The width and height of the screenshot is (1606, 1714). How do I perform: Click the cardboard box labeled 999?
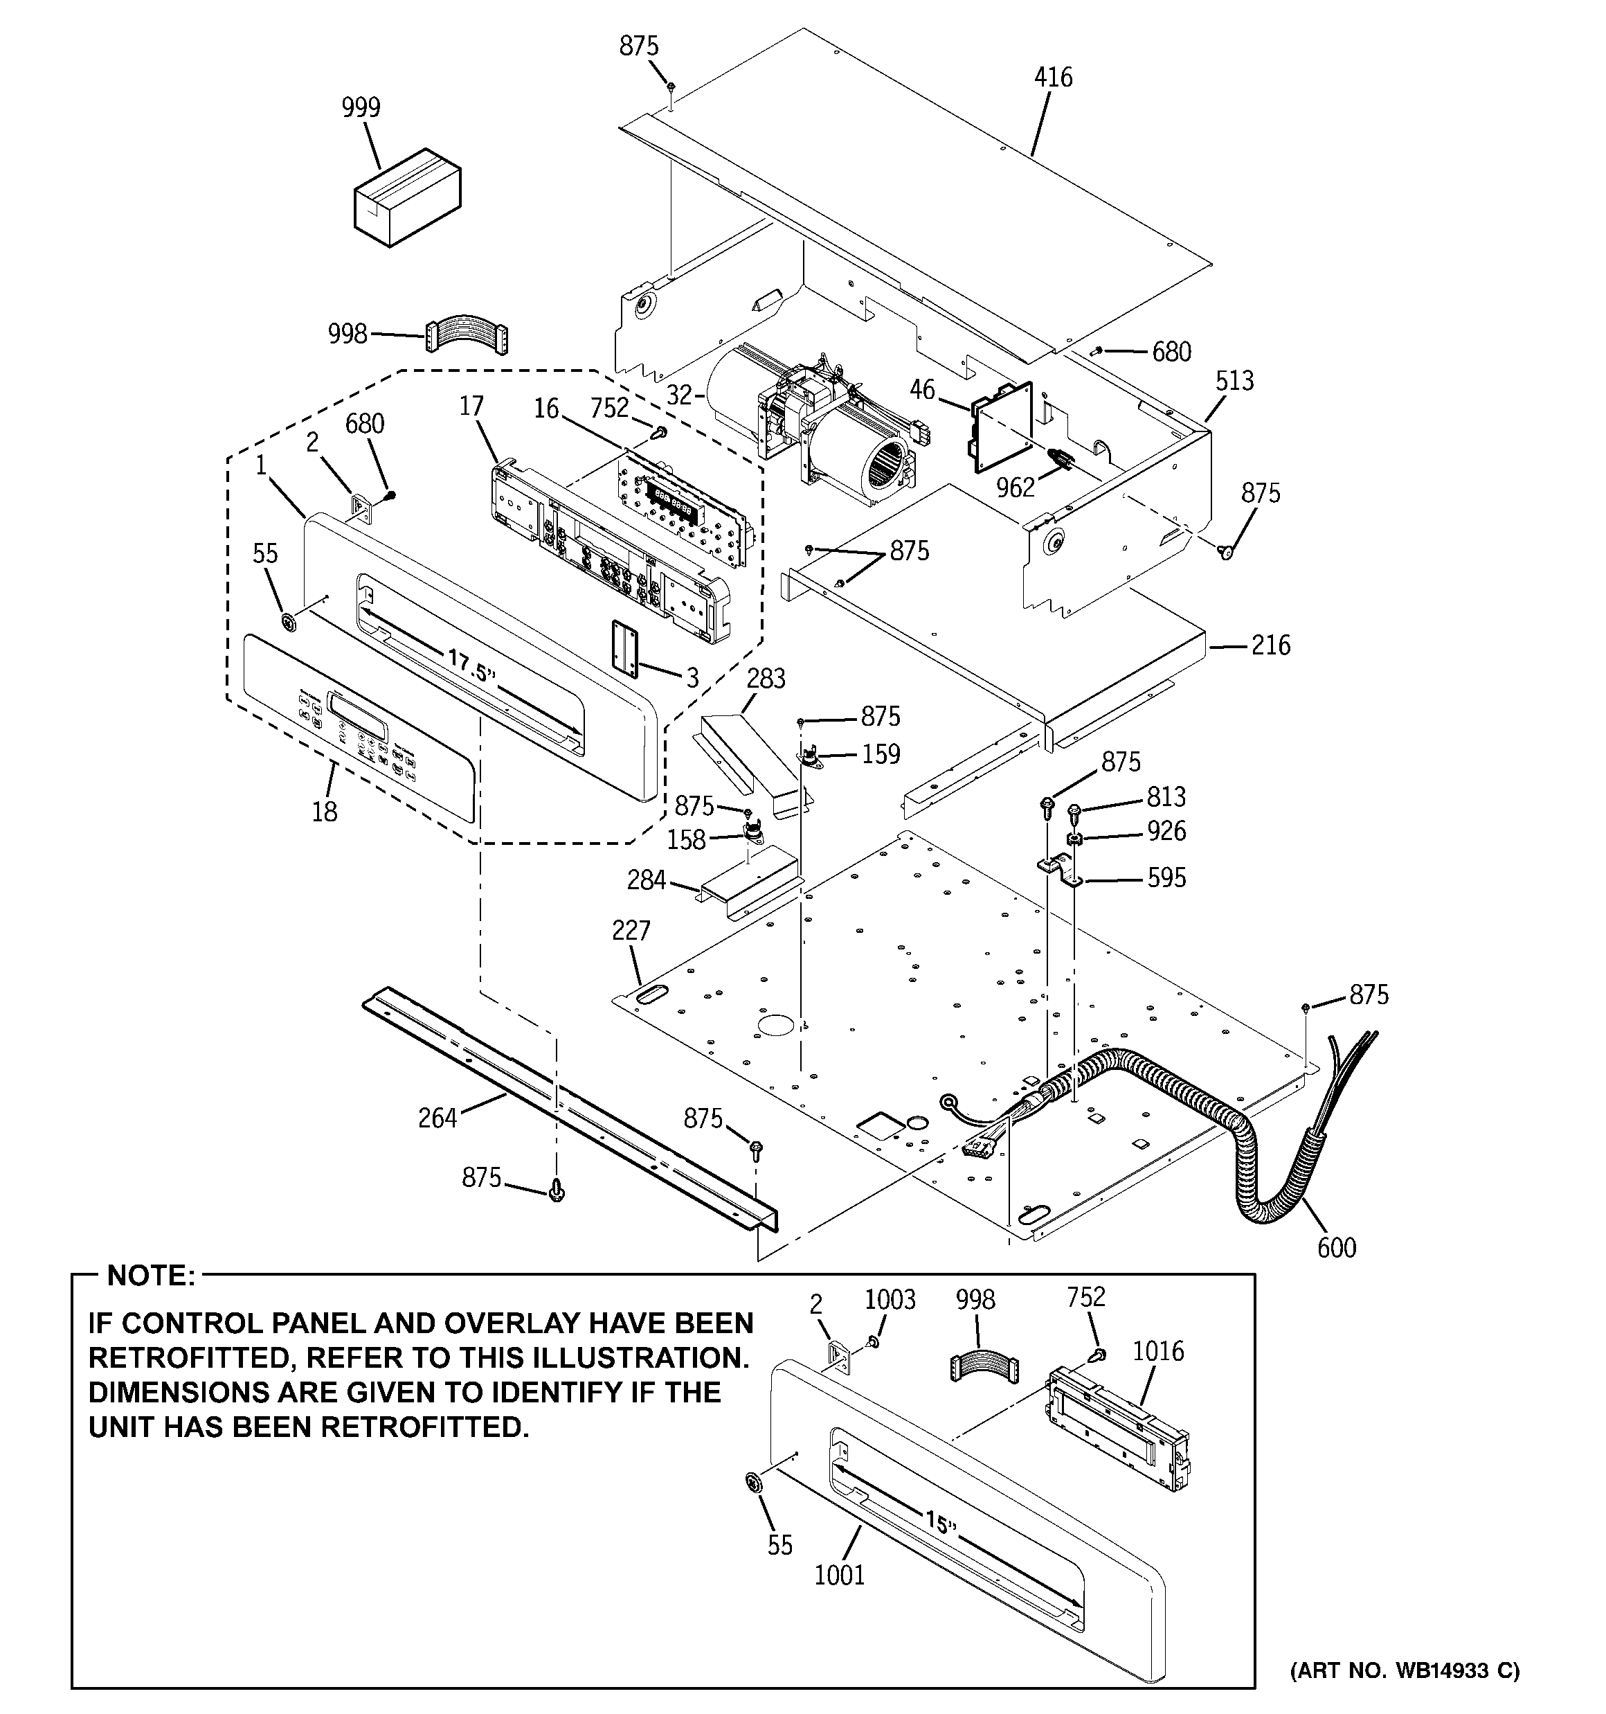407,198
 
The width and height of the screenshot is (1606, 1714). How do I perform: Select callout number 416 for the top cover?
1053,78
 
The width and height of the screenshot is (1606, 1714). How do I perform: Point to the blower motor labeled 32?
811,431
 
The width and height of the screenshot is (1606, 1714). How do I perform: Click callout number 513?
1234,380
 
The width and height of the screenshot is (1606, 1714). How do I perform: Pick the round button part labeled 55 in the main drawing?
288,622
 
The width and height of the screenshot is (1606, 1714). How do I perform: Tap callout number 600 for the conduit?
1336,1247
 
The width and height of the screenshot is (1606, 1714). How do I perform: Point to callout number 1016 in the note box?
1157,1351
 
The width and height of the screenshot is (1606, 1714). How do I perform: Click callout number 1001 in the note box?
839,1575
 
